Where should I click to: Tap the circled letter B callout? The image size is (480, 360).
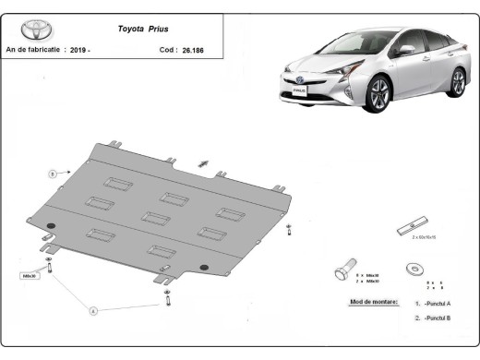[53, 173]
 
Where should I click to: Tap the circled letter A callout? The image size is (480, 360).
[92, 311]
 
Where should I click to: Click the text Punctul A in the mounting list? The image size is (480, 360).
[437, 303]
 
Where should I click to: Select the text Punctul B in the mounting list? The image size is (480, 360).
[437, 318]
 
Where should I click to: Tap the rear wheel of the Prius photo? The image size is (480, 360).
[456, 83]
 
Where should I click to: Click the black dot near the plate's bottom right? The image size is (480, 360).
[203, 270]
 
